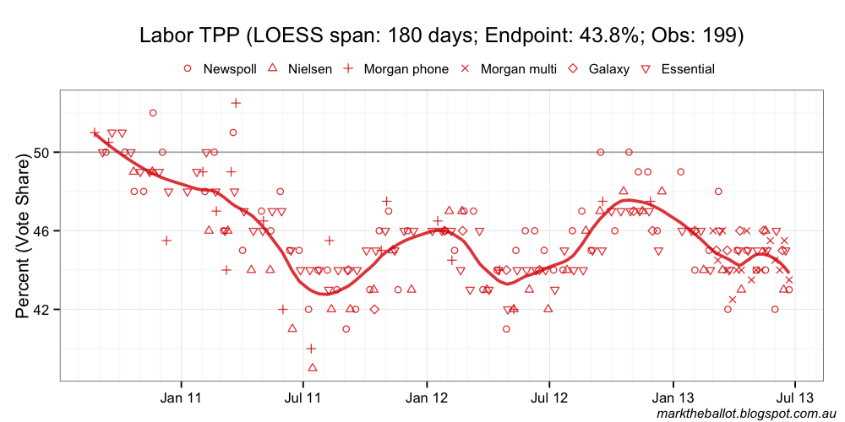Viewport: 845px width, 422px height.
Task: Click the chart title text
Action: coord(441,35)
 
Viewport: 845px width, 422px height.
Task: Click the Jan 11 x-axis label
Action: coord(182,398)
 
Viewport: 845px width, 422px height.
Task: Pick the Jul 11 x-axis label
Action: coord(303,398)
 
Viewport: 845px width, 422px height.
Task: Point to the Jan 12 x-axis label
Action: coord(428,398)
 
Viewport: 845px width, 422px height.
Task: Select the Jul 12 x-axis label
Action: coord(549,398)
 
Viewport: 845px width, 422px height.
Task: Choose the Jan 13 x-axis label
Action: coord(673,398)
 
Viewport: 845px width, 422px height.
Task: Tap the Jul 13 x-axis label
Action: coord(795,398)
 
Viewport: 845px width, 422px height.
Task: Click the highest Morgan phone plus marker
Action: coord(236,103)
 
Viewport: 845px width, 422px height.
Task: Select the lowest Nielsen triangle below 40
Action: coord(313,367)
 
